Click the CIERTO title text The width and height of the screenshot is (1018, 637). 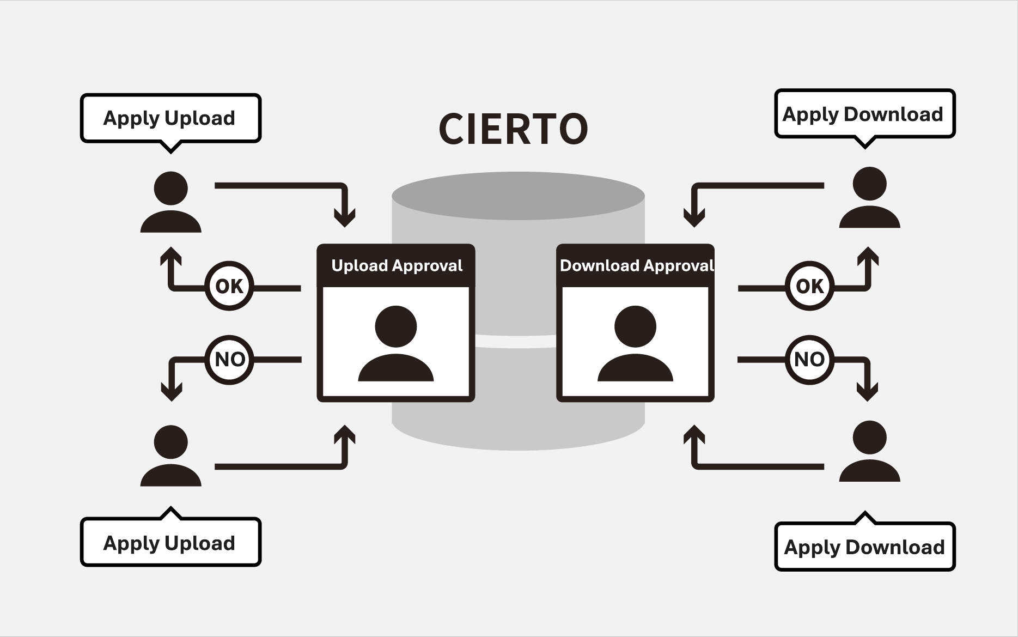tap(513, 129)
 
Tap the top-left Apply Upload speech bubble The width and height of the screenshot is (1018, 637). tap(170, 118)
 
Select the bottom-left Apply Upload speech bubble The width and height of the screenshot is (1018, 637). tap(170, 543)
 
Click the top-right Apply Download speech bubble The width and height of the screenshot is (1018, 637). tap(864, 114)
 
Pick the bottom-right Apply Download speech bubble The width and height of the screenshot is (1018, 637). tap(864, 547)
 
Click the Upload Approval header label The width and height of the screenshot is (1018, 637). tap(396, 266)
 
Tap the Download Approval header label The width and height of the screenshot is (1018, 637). tap(636, 266)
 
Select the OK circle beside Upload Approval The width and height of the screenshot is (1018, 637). tap(229, 286)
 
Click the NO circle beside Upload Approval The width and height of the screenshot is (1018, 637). tap(229, 360)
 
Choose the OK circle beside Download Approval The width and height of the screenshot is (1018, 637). tap(809, 286)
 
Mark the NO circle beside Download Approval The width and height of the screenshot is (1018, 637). tap(809, 360)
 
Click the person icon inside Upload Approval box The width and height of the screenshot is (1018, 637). tap(396, 343)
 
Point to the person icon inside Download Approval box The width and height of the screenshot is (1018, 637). tap(635, 343)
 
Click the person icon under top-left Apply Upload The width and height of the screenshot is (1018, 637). tap(171, 202)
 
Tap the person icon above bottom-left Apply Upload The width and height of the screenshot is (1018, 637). tap(171, 456)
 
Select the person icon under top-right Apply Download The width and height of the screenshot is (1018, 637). tap(869, 197)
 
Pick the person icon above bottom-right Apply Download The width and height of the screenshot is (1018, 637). tap(869, 451)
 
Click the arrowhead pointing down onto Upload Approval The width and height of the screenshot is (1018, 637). tap(345, 218)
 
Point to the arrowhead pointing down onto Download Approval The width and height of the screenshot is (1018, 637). tap(694, 218)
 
